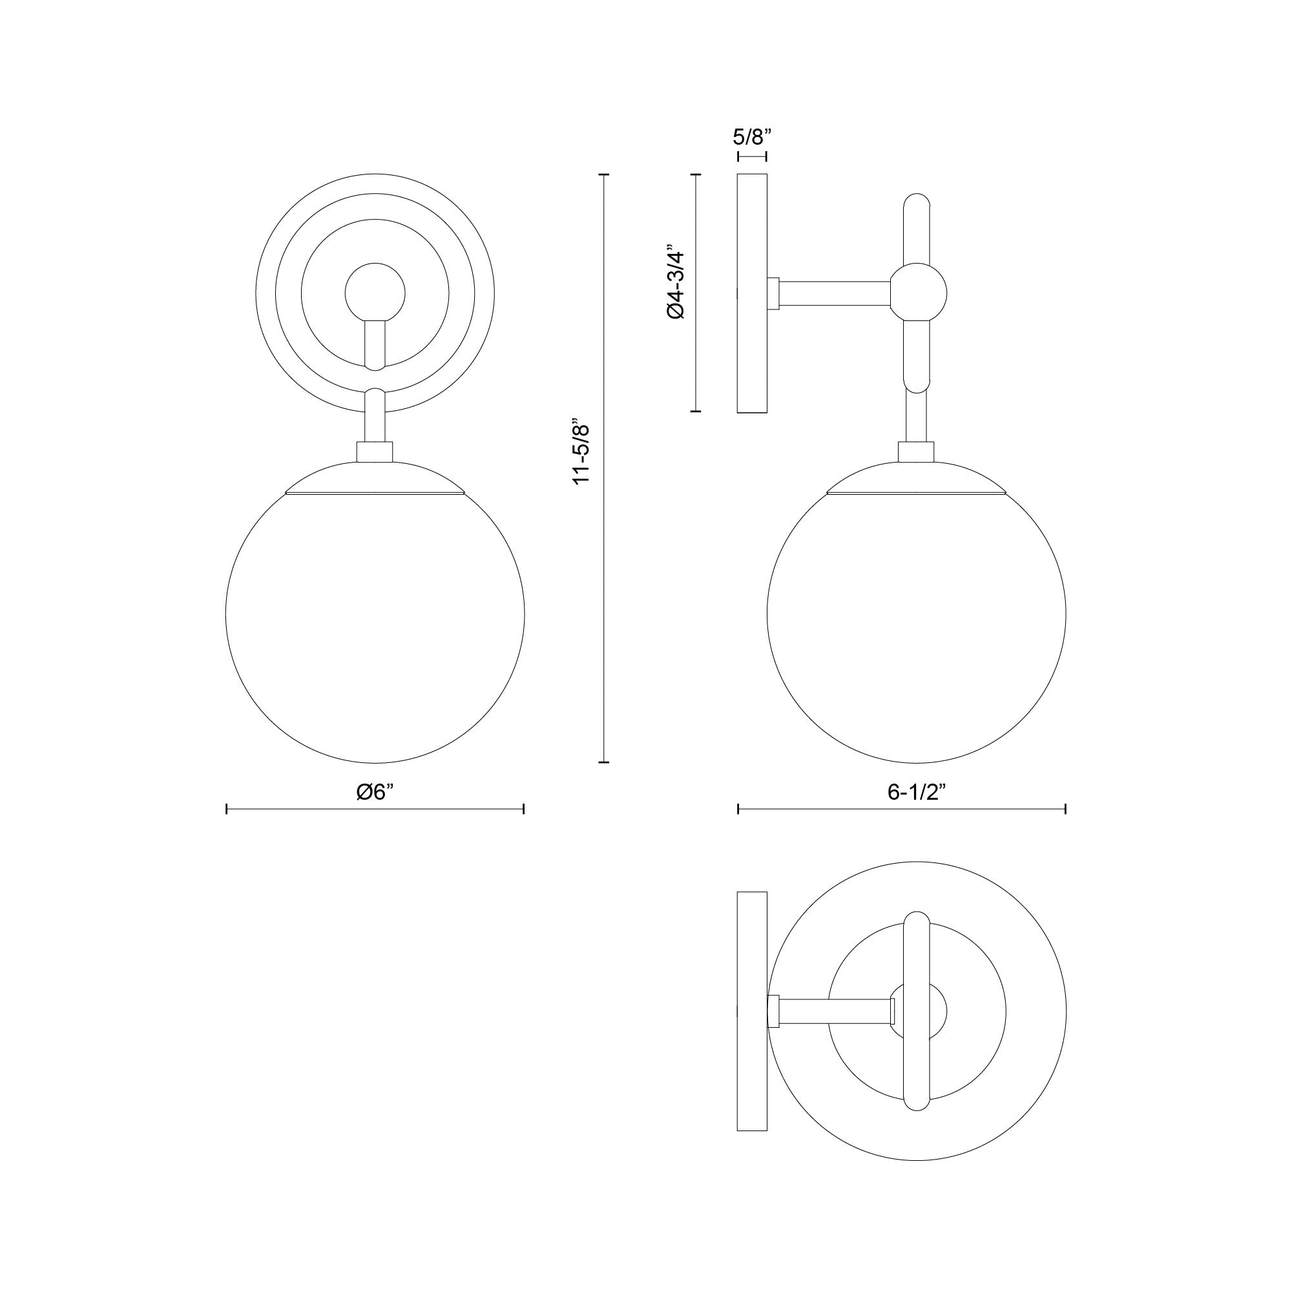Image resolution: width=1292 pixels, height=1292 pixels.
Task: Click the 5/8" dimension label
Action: [x=752, y=137]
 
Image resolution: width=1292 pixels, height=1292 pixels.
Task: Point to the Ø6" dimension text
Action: [x=375, y=792]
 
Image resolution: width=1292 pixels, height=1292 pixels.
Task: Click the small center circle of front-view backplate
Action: [x=375, y=292]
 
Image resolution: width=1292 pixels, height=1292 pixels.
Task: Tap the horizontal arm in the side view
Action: [x=836, y=293]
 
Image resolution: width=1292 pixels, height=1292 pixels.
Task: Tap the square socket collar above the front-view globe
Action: [x=375, y=452]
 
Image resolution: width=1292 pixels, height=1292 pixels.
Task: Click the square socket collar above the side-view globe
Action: [x=915, y=452]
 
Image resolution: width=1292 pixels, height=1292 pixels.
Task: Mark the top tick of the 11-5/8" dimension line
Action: [x=605, y=174]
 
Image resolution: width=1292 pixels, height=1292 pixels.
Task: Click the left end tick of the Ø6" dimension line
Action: [x=227, y=810]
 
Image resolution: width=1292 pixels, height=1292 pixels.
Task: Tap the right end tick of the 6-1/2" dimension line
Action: [x=1065, y=810]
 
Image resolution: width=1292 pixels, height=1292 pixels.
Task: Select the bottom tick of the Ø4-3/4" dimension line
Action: [x=696, y=411]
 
